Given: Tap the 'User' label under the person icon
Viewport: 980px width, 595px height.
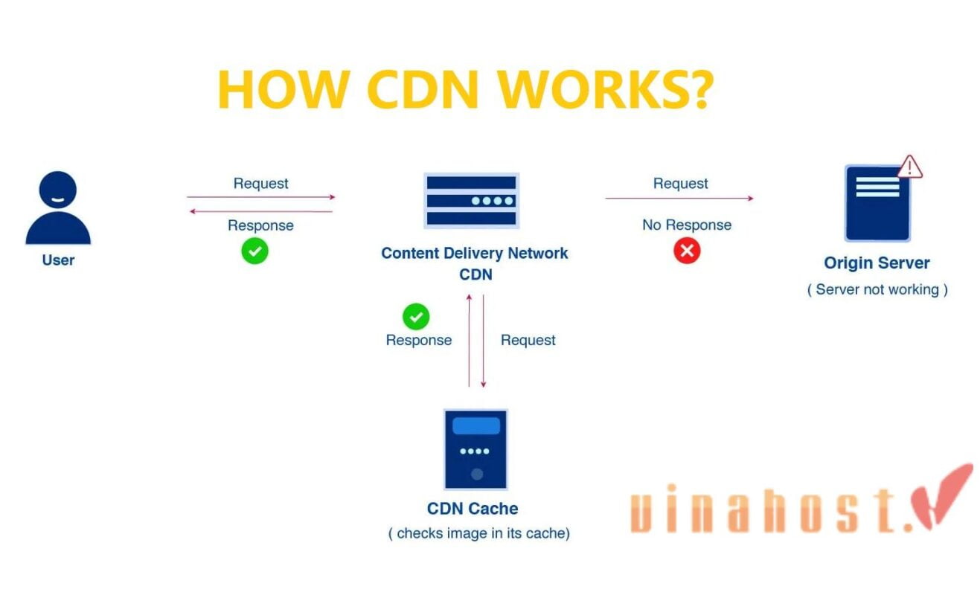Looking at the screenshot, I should (58, 261).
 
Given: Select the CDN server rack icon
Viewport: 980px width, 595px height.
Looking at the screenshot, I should (471, 200).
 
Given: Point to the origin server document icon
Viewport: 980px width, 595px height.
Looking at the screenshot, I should (877, 203).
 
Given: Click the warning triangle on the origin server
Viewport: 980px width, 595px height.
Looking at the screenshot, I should (909, 167).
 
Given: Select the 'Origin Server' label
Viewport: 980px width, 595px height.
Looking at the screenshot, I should (877, 263).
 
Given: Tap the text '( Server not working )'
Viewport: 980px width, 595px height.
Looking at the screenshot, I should (877, 289).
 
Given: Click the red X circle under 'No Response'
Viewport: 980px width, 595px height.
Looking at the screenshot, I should (687, 251).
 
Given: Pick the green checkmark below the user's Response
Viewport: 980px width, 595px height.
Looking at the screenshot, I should (254, 251).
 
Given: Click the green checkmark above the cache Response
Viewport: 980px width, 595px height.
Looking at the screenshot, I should (416, 317).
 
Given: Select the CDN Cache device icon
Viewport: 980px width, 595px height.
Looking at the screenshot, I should (475, 448).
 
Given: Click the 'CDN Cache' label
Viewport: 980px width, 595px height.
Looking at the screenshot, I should (473, 509).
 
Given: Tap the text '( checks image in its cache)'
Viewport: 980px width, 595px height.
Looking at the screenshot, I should (478, 533).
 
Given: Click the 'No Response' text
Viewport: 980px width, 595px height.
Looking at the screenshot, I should (687, 225).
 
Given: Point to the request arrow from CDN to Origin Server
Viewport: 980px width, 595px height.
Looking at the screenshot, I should (679, 199).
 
